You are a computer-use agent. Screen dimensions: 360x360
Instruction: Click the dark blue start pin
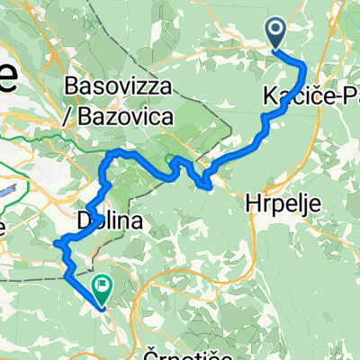(x=276, y=33)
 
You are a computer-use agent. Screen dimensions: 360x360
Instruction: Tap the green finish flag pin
(x=102, y=290)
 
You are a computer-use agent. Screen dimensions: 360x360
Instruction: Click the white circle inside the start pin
(x=276, y=31)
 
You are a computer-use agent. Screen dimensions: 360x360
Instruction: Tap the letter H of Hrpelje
(x=250, y=204)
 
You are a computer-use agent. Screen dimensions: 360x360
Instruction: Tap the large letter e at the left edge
(x=7, y=79)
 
